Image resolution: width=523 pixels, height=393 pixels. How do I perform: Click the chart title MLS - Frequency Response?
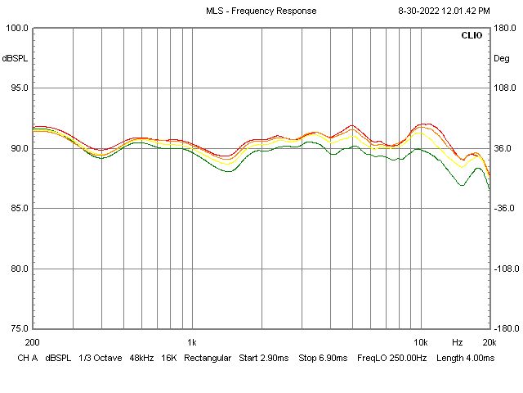(261, 11)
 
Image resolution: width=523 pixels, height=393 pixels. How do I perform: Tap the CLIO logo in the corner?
(472, 36)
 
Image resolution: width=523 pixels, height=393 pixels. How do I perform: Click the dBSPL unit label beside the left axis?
(15, 58)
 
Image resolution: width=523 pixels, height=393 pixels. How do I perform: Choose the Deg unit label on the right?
(500, 58)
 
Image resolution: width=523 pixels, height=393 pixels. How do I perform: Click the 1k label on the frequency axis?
(192, 341)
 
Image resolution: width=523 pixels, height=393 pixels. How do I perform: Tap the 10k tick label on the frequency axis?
(421, 341)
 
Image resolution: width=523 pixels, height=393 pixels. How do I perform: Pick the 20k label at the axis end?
(488, 341)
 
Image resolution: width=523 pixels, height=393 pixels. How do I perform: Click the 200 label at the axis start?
(33, 341)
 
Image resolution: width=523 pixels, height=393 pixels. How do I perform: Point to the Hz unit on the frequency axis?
(458, 341)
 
